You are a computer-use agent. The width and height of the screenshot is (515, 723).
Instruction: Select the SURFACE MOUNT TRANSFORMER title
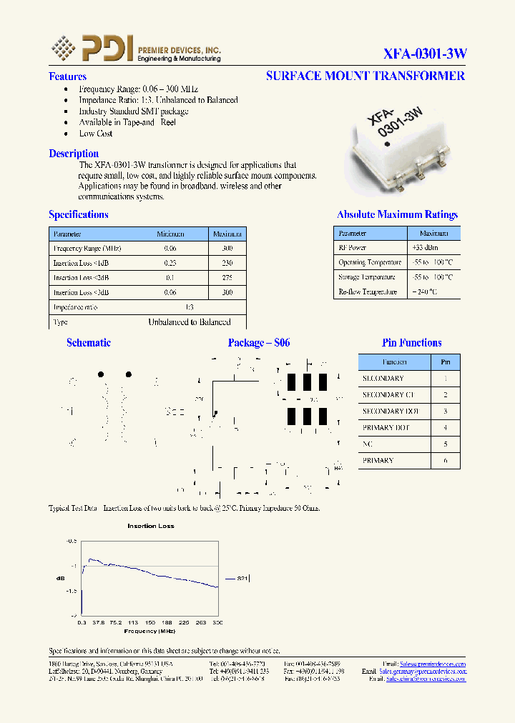[x=365, y=76]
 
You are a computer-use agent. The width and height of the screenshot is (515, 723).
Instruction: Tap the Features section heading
[x=67, y=76]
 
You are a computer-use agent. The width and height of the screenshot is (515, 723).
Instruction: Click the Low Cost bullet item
[x=96, y=134]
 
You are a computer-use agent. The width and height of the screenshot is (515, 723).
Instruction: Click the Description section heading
[x=74, y=154]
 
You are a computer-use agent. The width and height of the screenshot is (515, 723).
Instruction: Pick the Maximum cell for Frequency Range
[x=227, y=249]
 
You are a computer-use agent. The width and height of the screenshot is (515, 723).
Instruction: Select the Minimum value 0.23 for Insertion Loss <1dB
[x=170, y=263]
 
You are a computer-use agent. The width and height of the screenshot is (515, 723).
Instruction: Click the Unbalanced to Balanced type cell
[x=190, y=322]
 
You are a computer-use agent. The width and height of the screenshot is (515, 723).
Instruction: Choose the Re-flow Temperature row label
[x=368, y=292]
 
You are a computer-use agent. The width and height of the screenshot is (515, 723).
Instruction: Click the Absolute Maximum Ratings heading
[x=397, y=214]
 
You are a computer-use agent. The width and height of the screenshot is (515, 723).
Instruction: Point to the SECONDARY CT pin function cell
[x=388, y=395]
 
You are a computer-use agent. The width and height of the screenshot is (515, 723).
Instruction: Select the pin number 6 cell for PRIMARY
[x=446, y=461]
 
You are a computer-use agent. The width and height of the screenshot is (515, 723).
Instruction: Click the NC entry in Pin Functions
[x=368, y=444]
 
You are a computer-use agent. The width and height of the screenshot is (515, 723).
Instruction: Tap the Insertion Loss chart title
[x=151, y=526]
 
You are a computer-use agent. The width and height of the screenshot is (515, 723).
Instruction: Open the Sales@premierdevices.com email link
[x=433, y=664]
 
